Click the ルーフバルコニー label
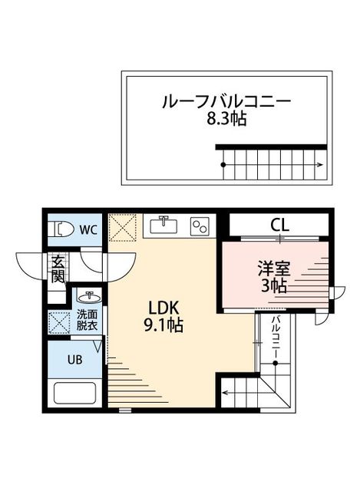tap(226, 102)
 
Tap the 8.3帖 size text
tap(226, 120)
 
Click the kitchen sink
tap(163, 225)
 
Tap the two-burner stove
tap(200, 226)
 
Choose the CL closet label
tap(279, 225)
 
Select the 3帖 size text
tap(272, 287)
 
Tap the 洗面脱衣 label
tap(86, 319)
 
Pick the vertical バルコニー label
tap(275, 338)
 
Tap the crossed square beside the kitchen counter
tap(122, 226)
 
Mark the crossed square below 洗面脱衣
tap(58, 320)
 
